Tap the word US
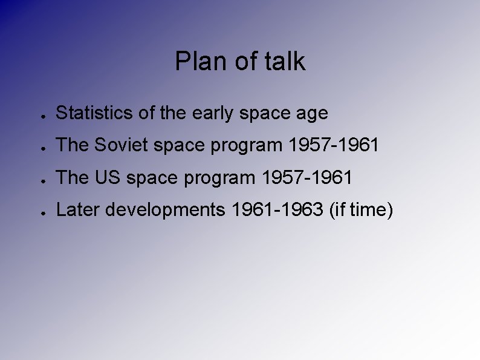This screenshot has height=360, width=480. click(x=102, y=178)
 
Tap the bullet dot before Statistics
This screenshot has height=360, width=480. click(x=38, y=114)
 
